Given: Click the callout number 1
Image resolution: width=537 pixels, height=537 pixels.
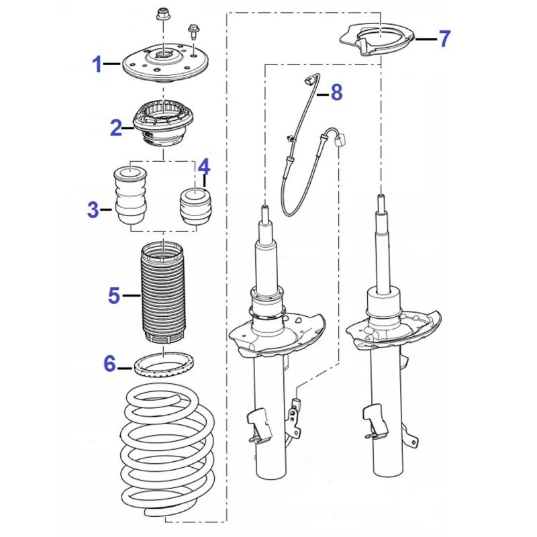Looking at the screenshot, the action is tap(97, 64).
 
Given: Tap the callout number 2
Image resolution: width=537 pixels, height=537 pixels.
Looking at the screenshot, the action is tap(116, 128).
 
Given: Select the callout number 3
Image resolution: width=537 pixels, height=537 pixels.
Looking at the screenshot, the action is tap(93, 209).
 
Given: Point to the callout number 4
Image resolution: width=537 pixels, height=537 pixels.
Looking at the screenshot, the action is tap(204, 167).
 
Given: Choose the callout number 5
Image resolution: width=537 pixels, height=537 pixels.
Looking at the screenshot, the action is tap(114, 295).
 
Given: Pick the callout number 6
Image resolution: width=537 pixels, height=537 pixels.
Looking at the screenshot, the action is tap(109, 363).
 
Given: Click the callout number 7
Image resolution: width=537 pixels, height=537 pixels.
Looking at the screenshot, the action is tap(444, 38).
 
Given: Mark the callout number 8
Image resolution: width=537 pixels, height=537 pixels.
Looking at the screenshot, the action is tap(337, 93).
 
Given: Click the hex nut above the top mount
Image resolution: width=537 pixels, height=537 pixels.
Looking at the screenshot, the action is tap(161, 14).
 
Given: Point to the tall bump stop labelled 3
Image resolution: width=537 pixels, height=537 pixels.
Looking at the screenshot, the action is tap(130, 195).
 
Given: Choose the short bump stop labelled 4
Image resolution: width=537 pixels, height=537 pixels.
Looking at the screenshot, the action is tap(196, 207).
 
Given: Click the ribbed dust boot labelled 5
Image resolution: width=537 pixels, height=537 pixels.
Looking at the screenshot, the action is tap(162, 293).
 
